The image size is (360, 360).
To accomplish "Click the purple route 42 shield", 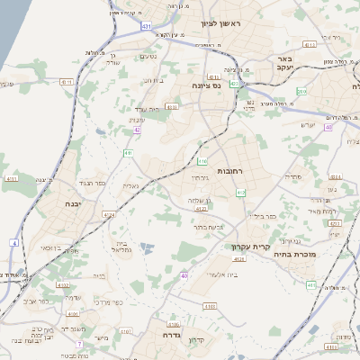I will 138,130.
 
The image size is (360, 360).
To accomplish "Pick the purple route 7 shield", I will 80,343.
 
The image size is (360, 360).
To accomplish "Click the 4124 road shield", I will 109,215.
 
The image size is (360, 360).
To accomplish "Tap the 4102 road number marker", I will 62,284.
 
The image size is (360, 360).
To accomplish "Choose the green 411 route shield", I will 129,153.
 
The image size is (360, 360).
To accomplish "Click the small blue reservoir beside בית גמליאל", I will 147,247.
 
